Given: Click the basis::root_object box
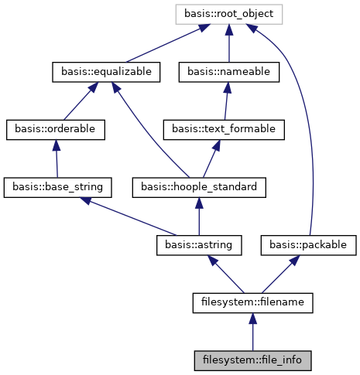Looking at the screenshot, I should pos(228,13).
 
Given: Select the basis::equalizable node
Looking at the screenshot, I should pos(106,72).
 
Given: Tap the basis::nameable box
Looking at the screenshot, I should pos(228,72).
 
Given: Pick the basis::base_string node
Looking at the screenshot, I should pos(58,186).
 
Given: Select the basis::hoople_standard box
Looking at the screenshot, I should pos(200,186).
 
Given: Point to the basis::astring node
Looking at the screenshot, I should pos(199,244).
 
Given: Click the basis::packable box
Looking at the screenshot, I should pos(312,244).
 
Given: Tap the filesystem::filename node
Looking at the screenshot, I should pos(252,302).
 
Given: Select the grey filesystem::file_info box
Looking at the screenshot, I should pos(252,360).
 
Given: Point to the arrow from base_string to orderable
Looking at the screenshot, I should pos(57,159).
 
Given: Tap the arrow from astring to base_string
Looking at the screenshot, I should pos(132,216).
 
